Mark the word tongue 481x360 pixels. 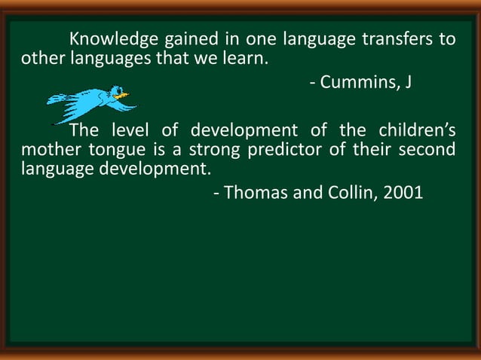(x=107, y=149)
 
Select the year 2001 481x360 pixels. (x=403, y=193)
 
